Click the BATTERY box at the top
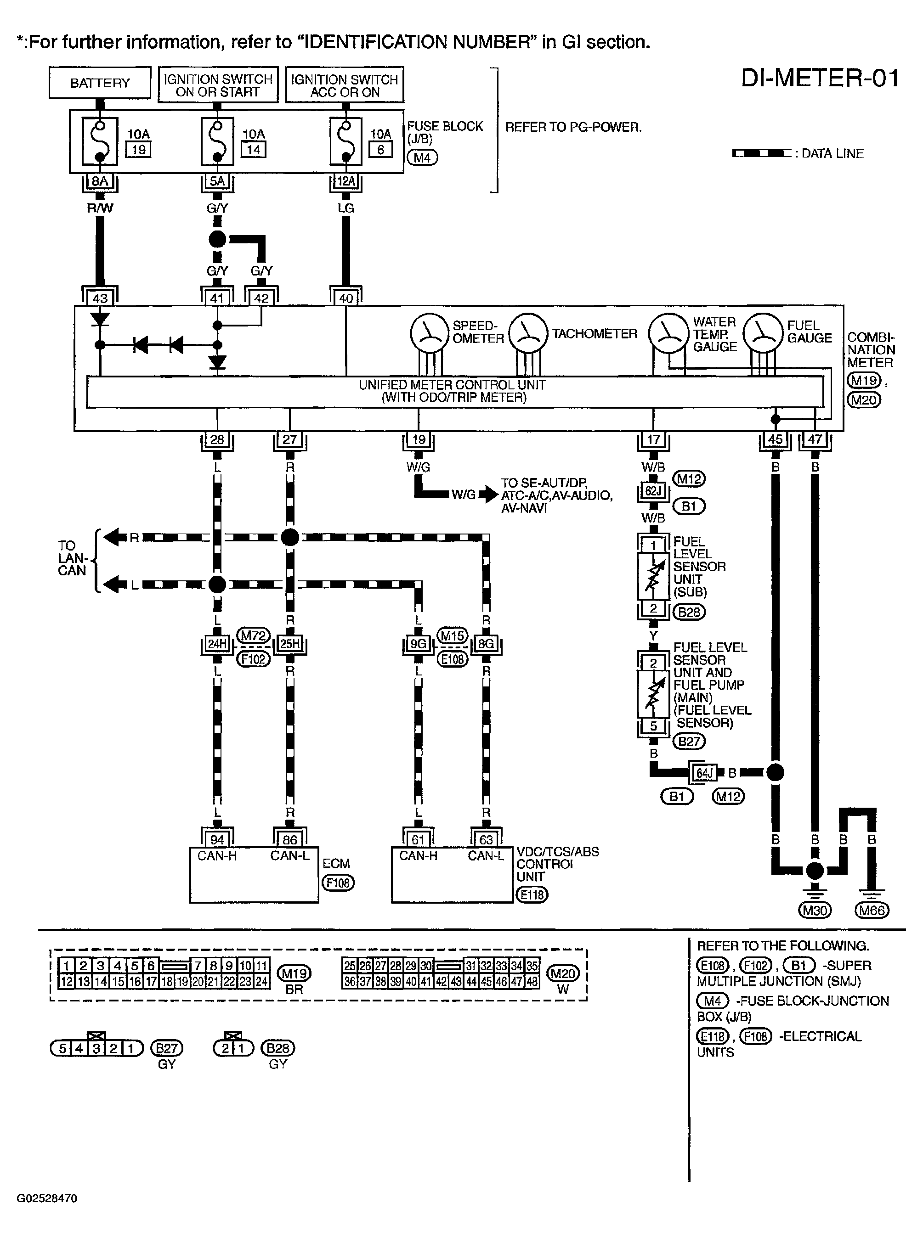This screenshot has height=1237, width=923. coord(100,83)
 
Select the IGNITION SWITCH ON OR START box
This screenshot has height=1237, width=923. coord(218,85)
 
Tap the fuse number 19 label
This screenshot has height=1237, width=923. coord(139,150)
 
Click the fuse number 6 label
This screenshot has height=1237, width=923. coord(380,150)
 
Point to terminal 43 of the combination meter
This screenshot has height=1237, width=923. coord(100,298)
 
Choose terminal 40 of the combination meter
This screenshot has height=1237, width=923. coord(346,298)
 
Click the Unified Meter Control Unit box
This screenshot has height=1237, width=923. coord(455,392)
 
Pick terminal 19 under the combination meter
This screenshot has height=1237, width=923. coord(419,439)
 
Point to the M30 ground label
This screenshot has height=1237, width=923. coord(815,910)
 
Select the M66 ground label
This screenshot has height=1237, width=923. coord(872,910)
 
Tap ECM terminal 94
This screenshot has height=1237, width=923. coord(217,839)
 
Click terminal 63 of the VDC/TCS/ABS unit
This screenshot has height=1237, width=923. coord(486,839)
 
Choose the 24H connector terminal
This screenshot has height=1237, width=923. coord(217,644)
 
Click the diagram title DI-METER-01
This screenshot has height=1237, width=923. coord(820,78)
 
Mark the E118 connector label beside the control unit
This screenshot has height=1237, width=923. coord(532,894)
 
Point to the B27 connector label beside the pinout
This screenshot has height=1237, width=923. coord(166,1048)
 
